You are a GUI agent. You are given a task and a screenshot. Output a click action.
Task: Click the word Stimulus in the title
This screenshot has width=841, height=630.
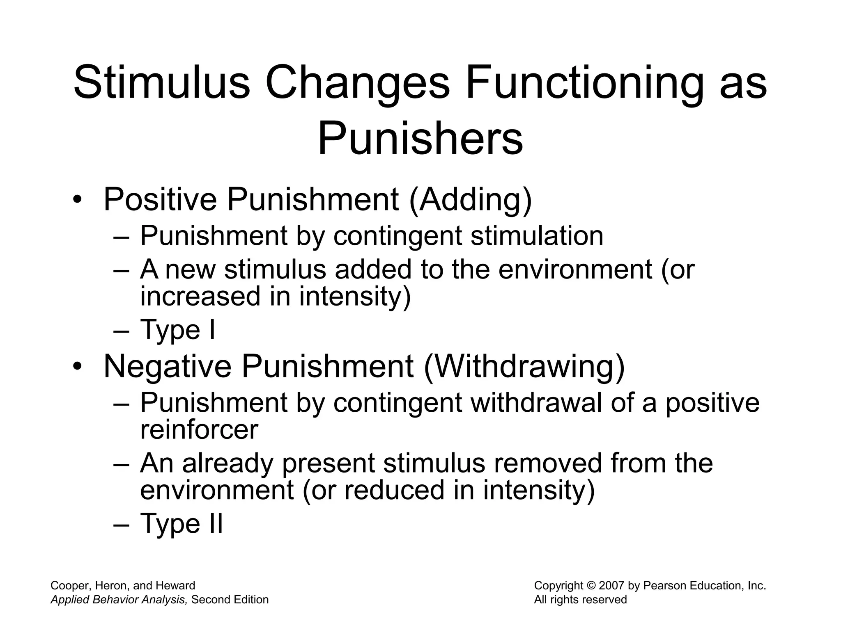tap(161, 83)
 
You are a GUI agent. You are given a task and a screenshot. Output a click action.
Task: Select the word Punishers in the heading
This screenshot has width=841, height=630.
tap(420, 138)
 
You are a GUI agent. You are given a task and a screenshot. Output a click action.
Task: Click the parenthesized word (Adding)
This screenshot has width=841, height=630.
tap(471, 200)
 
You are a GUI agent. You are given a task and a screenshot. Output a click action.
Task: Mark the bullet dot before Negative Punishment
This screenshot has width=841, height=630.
tap(77, 367)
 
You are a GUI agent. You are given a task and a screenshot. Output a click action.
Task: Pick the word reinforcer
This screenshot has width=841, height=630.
tap(199, 429)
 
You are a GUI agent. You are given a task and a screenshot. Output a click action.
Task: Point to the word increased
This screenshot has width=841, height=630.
tap(200, 296)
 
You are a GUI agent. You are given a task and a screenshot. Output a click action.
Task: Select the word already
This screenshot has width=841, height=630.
tap(228, 463)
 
